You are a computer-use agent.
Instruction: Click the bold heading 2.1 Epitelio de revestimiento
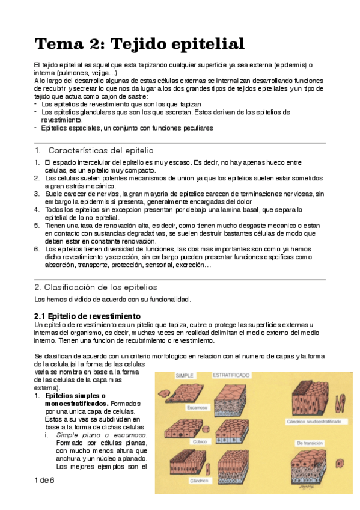coord(87,316)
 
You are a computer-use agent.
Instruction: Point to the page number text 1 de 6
coord(44,481)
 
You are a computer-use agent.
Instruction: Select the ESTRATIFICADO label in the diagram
coord(232,375)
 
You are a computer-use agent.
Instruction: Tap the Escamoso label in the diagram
coord(195,407)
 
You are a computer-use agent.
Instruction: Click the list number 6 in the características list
coord(37,249)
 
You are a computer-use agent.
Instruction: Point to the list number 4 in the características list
coord(37,209)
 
